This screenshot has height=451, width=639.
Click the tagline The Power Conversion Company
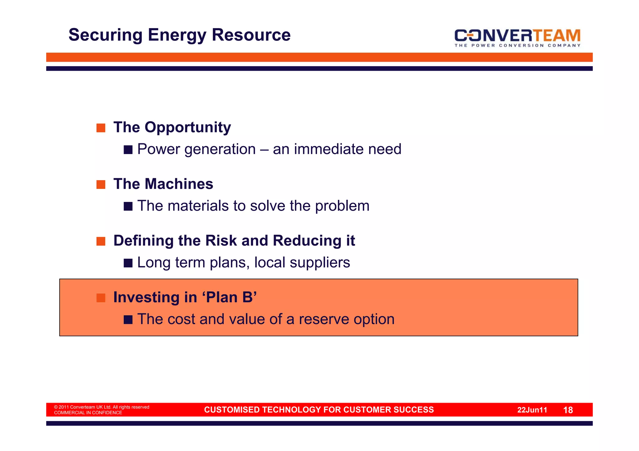click(x=517, y=46)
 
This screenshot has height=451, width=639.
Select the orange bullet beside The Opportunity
click(x=101, y=128)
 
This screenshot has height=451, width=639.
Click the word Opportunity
click(x=188, y=127)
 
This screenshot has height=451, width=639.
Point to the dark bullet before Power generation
click(x=128, y=150)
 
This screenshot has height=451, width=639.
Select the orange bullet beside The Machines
click(x=101, y=185)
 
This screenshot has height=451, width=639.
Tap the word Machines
click(x=179, y=184)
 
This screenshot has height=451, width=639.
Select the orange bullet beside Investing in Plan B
click(x=101, y=298)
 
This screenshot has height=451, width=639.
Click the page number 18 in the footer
click(x=568, y=410)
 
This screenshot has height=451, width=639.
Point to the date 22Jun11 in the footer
click(x=532, y=410)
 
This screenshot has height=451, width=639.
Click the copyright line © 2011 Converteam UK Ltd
click(x=101, y=407)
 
